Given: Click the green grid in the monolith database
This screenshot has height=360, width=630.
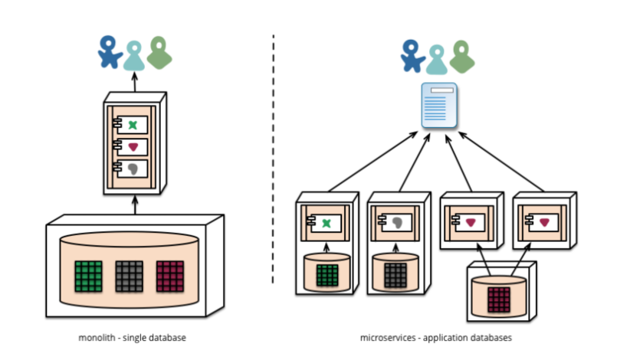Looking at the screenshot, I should pyautogui.click(x=88, y=274).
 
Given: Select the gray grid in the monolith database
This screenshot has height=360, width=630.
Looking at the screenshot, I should pyautogui.click(x=129, y=274).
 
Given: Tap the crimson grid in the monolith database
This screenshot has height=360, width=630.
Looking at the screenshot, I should pyautogui.click(x=169, y=274).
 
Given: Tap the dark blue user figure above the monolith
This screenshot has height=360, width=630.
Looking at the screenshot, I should pyautogui.click(x=110, y=51).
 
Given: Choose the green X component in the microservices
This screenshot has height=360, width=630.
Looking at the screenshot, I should pyautogui.click(x=326, y=223).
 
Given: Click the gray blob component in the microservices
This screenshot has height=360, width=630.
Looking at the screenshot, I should pyautogui.click(x=397, y=223).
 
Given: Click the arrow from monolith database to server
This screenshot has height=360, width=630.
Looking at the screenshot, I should pyautogui.click(x=135, y=205).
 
